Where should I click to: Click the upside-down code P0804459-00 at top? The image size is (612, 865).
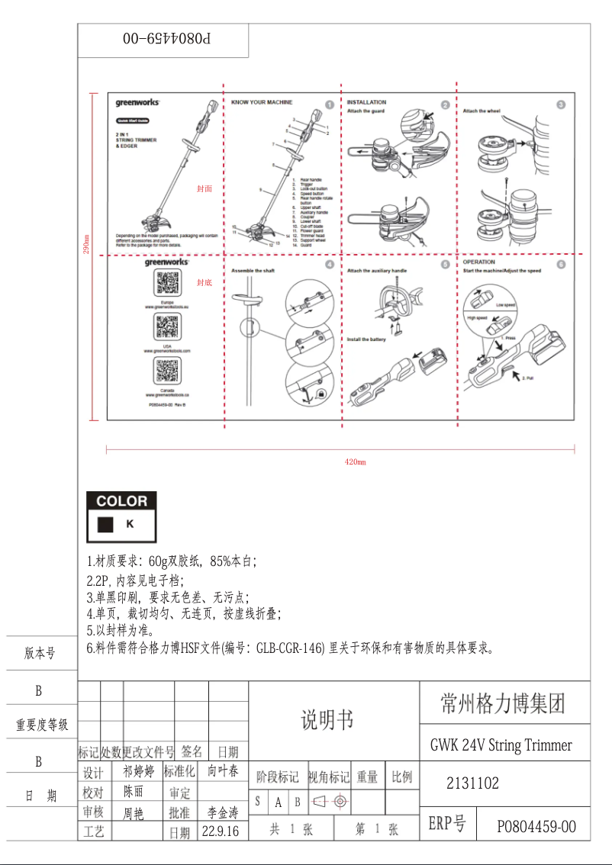pos(164,37)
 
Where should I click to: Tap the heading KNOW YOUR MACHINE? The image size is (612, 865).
pos(262,102)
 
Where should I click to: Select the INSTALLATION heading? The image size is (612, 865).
pos(366,102)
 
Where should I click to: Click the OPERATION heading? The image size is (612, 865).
pos(479,262)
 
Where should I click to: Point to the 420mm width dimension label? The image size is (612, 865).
pos(356,462)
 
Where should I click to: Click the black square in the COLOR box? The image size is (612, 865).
pos(106,525)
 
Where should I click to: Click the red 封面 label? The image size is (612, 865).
pos(204,188)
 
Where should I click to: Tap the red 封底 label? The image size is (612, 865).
pos(204,282)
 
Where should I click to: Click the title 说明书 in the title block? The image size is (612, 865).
pos(327,719)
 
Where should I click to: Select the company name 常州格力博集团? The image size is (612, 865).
pos(504,703)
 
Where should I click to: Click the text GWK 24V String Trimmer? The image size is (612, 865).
pos(501,744)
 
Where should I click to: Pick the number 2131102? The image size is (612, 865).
pos(472,783)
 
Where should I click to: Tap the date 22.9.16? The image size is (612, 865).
pos(221,831)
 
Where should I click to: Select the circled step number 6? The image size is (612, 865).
pos(561,264)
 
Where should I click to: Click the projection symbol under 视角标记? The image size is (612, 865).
pos(330,802)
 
